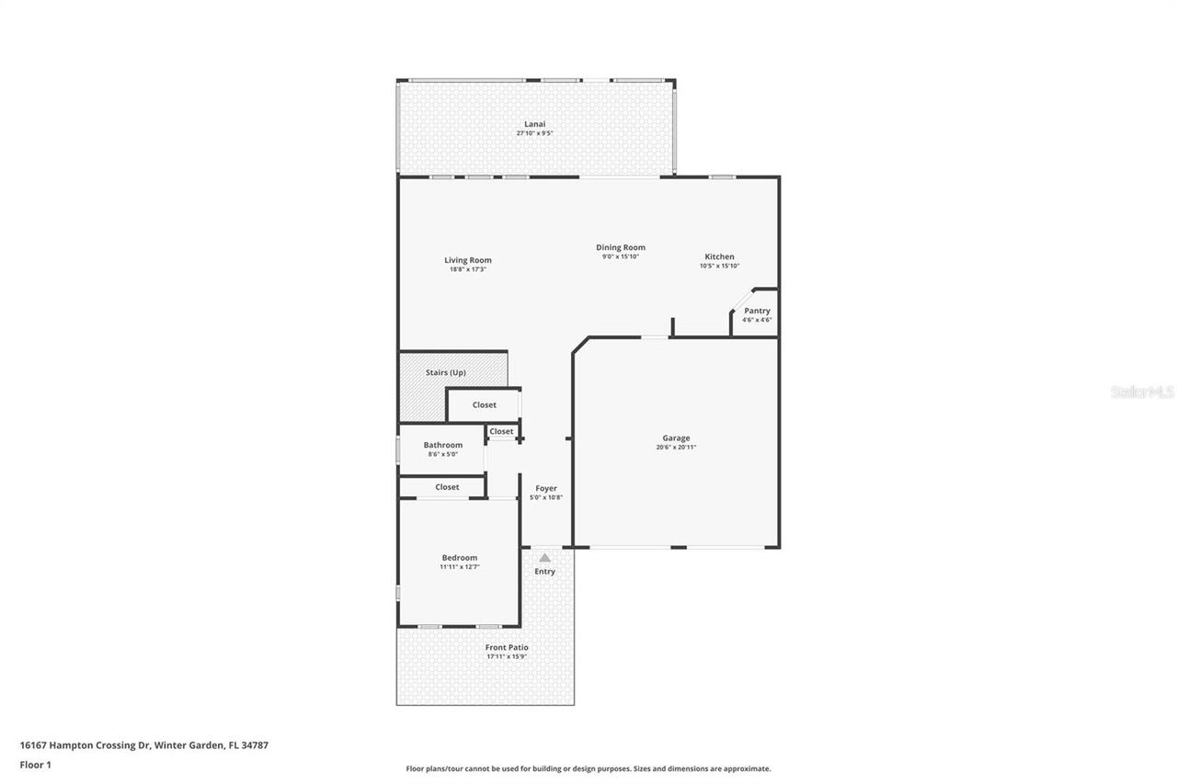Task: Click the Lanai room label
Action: coord(534,124)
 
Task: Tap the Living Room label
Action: coord(468,260)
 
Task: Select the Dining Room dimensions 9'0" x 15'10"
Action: coord(621,256)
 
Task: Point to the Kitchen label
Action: coord(719,256)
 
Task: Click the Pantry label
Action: coord(757,311)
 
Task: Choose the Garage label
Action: coord(676,438)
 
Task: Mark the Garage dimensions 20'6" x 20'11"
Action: coord(676,448)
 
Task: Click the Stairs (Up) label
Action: coord(446,372)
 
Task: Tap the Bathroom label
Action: coord(443,445)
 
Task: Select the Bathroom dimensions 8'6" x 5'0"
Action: coord(443,454)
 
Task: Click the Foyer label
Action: coord(546,488)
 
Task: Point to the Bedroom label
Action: coord(460,558)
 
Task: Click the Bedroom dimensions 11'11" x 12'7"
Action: coord(460,567)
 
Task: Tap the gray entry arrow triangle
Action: coord(544,557)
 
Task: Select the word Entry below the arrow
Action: coord(545,572)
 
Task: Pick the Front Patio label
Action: coord(507,647)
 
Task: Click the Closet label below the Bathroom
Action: coord(447,487)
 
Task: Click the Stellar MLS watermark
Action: coord(1142,392)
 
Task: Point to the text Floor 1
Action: coord(36,765)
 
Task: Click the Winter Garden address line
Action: coord(144,745)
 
